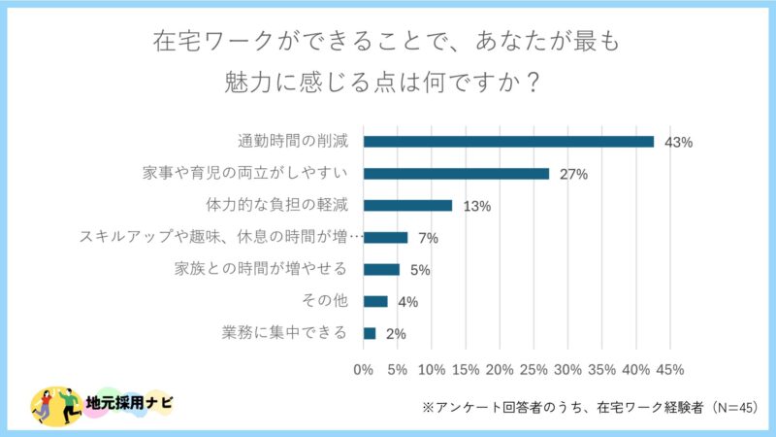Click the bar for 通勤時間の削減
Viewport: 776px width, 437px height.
[508, 142]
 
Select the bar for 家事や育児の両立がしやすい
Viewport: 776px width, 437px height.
[456, 174]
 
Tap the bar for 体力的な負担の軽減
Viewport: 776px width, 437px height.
[407, 206]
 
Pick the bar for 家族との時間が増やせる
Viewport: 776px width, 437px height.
[381, 269]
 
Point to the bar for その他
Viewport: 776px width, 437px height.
[375, 301]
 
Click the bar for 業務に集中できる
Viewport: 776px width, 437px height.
[370, 333]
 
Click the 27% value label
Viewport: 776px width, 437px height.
[574, 175]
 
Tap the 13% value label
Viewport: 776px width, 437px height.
[477, 207]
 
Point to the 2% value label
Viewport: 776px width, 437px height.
[396, 334]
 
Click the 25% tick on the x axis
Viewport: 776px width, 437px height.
[533, 370]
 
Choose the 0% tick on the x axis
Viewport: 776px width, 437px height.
[364, 370]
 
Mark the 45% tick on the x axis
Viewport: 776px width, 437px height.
[670, 370]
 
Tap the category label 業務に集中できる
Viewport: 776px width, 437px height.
[284, 333]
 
